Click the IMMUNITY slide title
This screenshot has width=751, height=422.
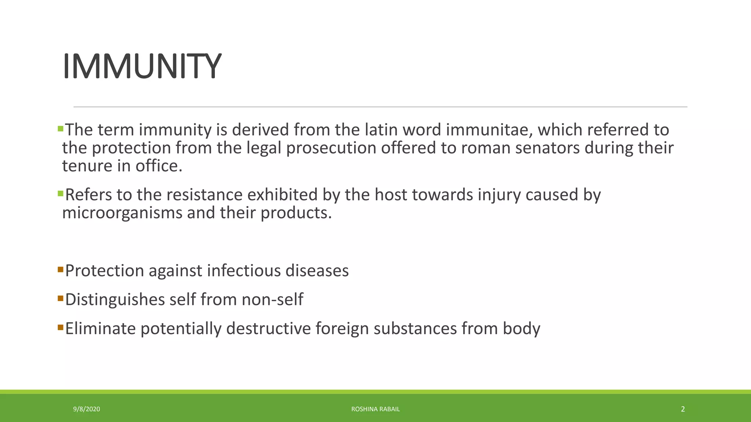pyautogui.click(x=142, y=66)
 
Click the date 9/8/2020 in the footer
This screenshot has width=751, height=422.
pyautogui.click(x=87, y=409)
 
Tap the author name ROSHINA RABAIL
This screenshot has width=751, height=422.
pyautogui.click(x=375, y=409)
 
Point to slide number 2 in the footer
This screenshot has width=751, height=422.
pyautogui.click(x=682, y=409)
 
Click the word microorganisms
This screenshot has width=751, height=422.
pyautogui.click(x=122, y=213)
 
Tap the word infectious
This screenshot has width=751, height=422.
pyautogui.click(x=243, y=271)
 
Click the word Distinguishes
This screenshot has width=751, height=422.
pyautogui.click(x=115, y=300)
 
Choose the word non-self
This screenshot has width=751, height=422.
pyautogui.click(x=272, y=300)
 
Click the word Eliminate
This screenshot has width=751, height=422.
pyautogui.click(x=100, y=329)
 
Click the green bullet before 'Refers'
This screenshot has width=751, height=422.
pyautogui.click(x=61, y=193)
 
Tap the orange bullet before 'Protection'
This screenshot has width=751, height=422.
pyautogui.click(x=61, y=270)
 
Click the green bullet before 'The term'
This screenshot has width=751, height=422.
pyautogui.click(x=61, y=129)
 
